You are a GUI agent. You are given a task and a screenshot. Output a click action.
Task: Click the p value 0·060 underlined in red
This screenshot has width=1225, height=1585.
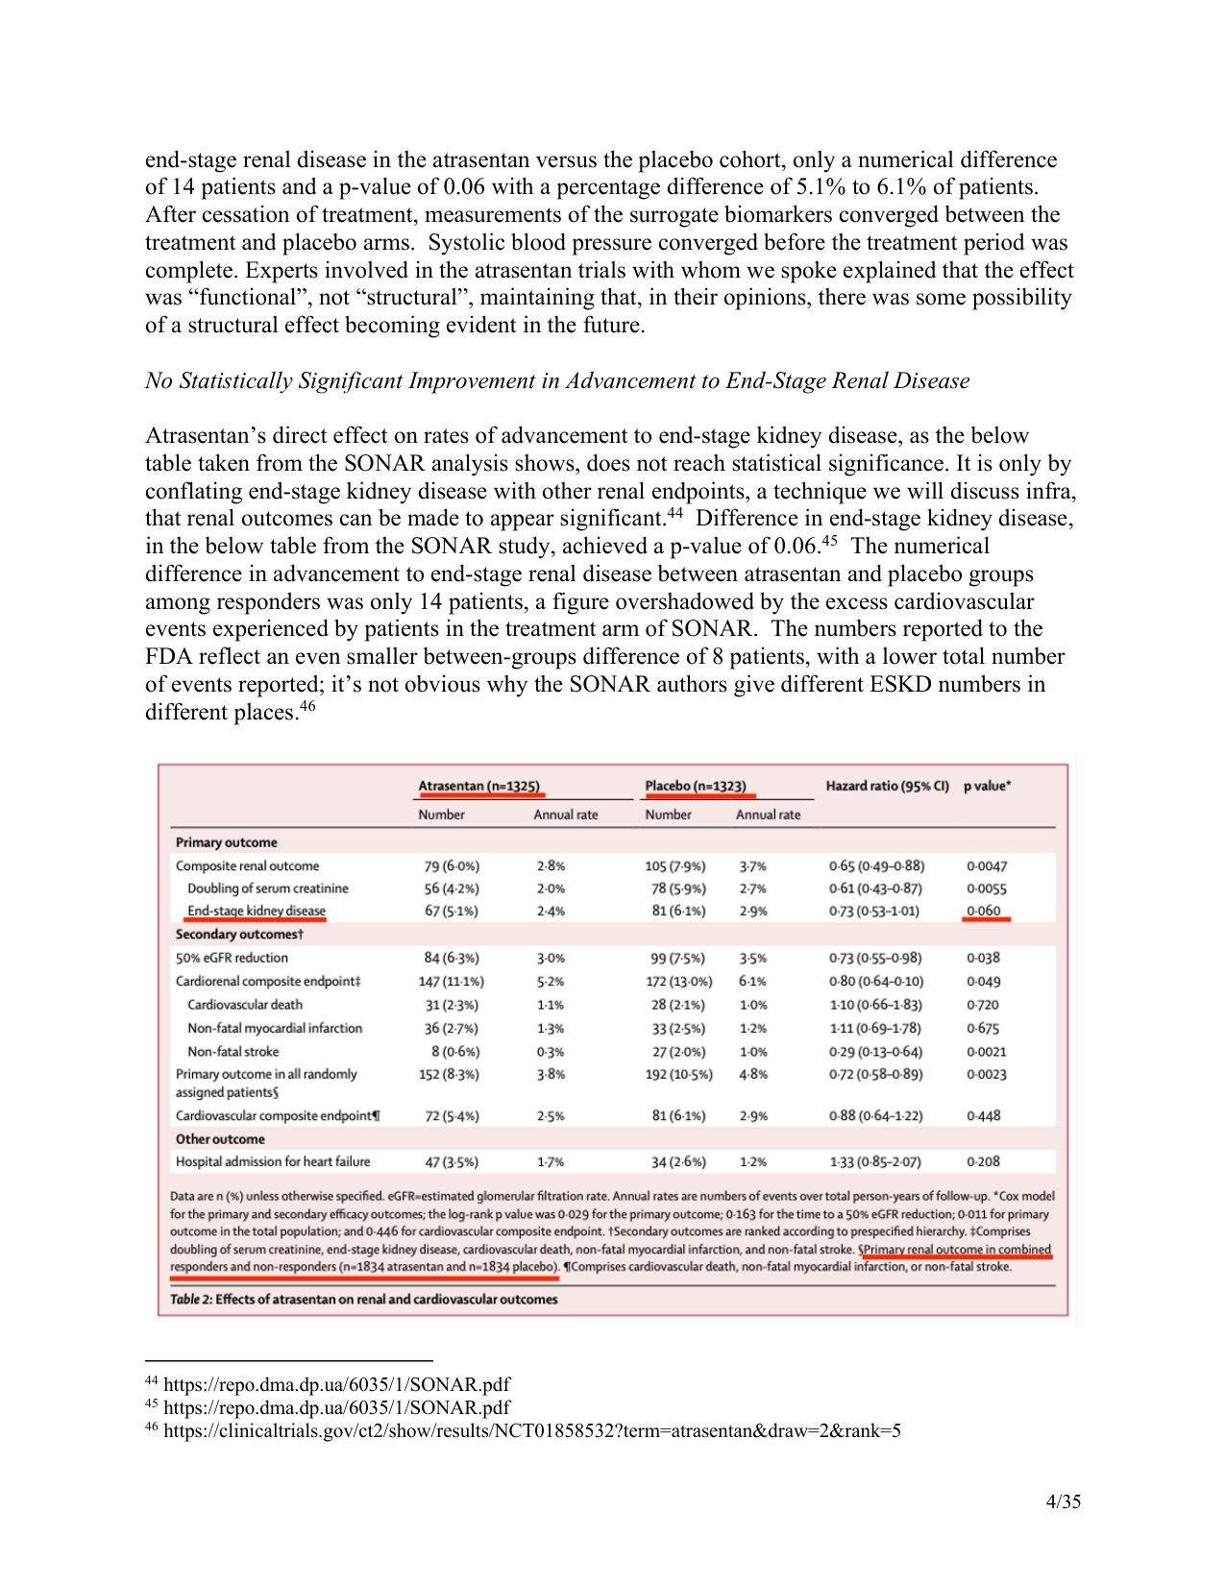[984, 911]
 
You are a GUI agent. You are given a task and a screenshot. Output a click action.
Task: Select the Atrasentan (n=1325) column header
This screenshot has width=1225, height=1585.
[478, 786]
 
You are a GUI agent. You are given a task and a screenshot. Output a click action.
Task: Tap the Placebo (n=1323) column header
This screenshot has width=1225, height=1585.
[696, 786]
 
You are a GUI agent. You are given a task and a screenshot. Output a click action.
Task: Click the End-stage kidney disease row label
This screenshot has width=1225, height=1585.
[256, 911]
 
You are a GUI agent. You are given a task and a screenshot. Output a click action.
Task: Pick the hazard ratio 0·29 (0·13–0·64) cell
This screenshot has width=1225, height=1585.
[874, 1052]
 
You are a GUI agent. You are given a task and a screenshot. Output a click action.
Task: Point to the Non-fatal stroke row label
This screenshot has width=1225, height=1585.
[233, 1052]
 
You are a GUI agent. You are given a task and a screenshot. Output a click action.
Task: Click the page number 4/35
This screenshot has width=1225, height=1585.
[1063, 1501]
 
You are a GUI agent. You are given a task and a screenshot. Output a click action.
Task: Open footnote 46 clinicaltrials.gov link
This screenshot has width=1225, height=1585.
[531, 1430]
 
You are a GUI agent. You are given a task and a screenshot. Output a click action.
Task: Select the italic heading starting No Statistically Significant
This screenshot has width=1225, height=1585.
[557, 381]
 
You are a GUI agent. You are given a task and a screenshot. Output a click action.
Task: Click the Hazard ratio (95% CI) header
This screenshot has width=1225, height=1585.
[887, 786]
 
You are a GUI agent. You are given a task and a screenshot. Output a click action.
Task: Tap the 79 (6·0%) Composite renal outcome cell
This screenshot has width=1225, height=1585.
[452, 866]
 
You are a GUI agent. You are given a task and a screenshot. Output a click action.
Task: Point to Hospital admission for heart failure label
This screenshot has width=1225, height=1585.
[272, 1161]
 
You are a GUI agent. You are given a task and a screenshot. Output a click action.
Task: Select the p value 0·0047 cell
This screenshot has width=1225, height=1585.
[987, 866]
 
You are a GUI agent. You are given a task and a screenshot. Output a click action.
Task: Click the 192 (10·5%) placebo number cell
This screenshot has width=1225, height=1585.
[678, 1074]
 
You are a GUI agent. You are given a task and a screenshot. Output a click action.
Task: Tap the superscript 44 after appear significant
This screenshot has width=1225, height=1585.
[674, 513]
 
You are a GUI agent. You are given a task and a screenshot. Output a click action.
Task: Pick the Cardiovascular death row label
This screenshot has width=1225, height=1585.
[244, 1005]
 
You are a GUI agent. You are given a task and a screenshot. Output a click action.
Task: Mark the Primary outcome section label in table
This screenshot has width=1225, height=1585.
[226, 842]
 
